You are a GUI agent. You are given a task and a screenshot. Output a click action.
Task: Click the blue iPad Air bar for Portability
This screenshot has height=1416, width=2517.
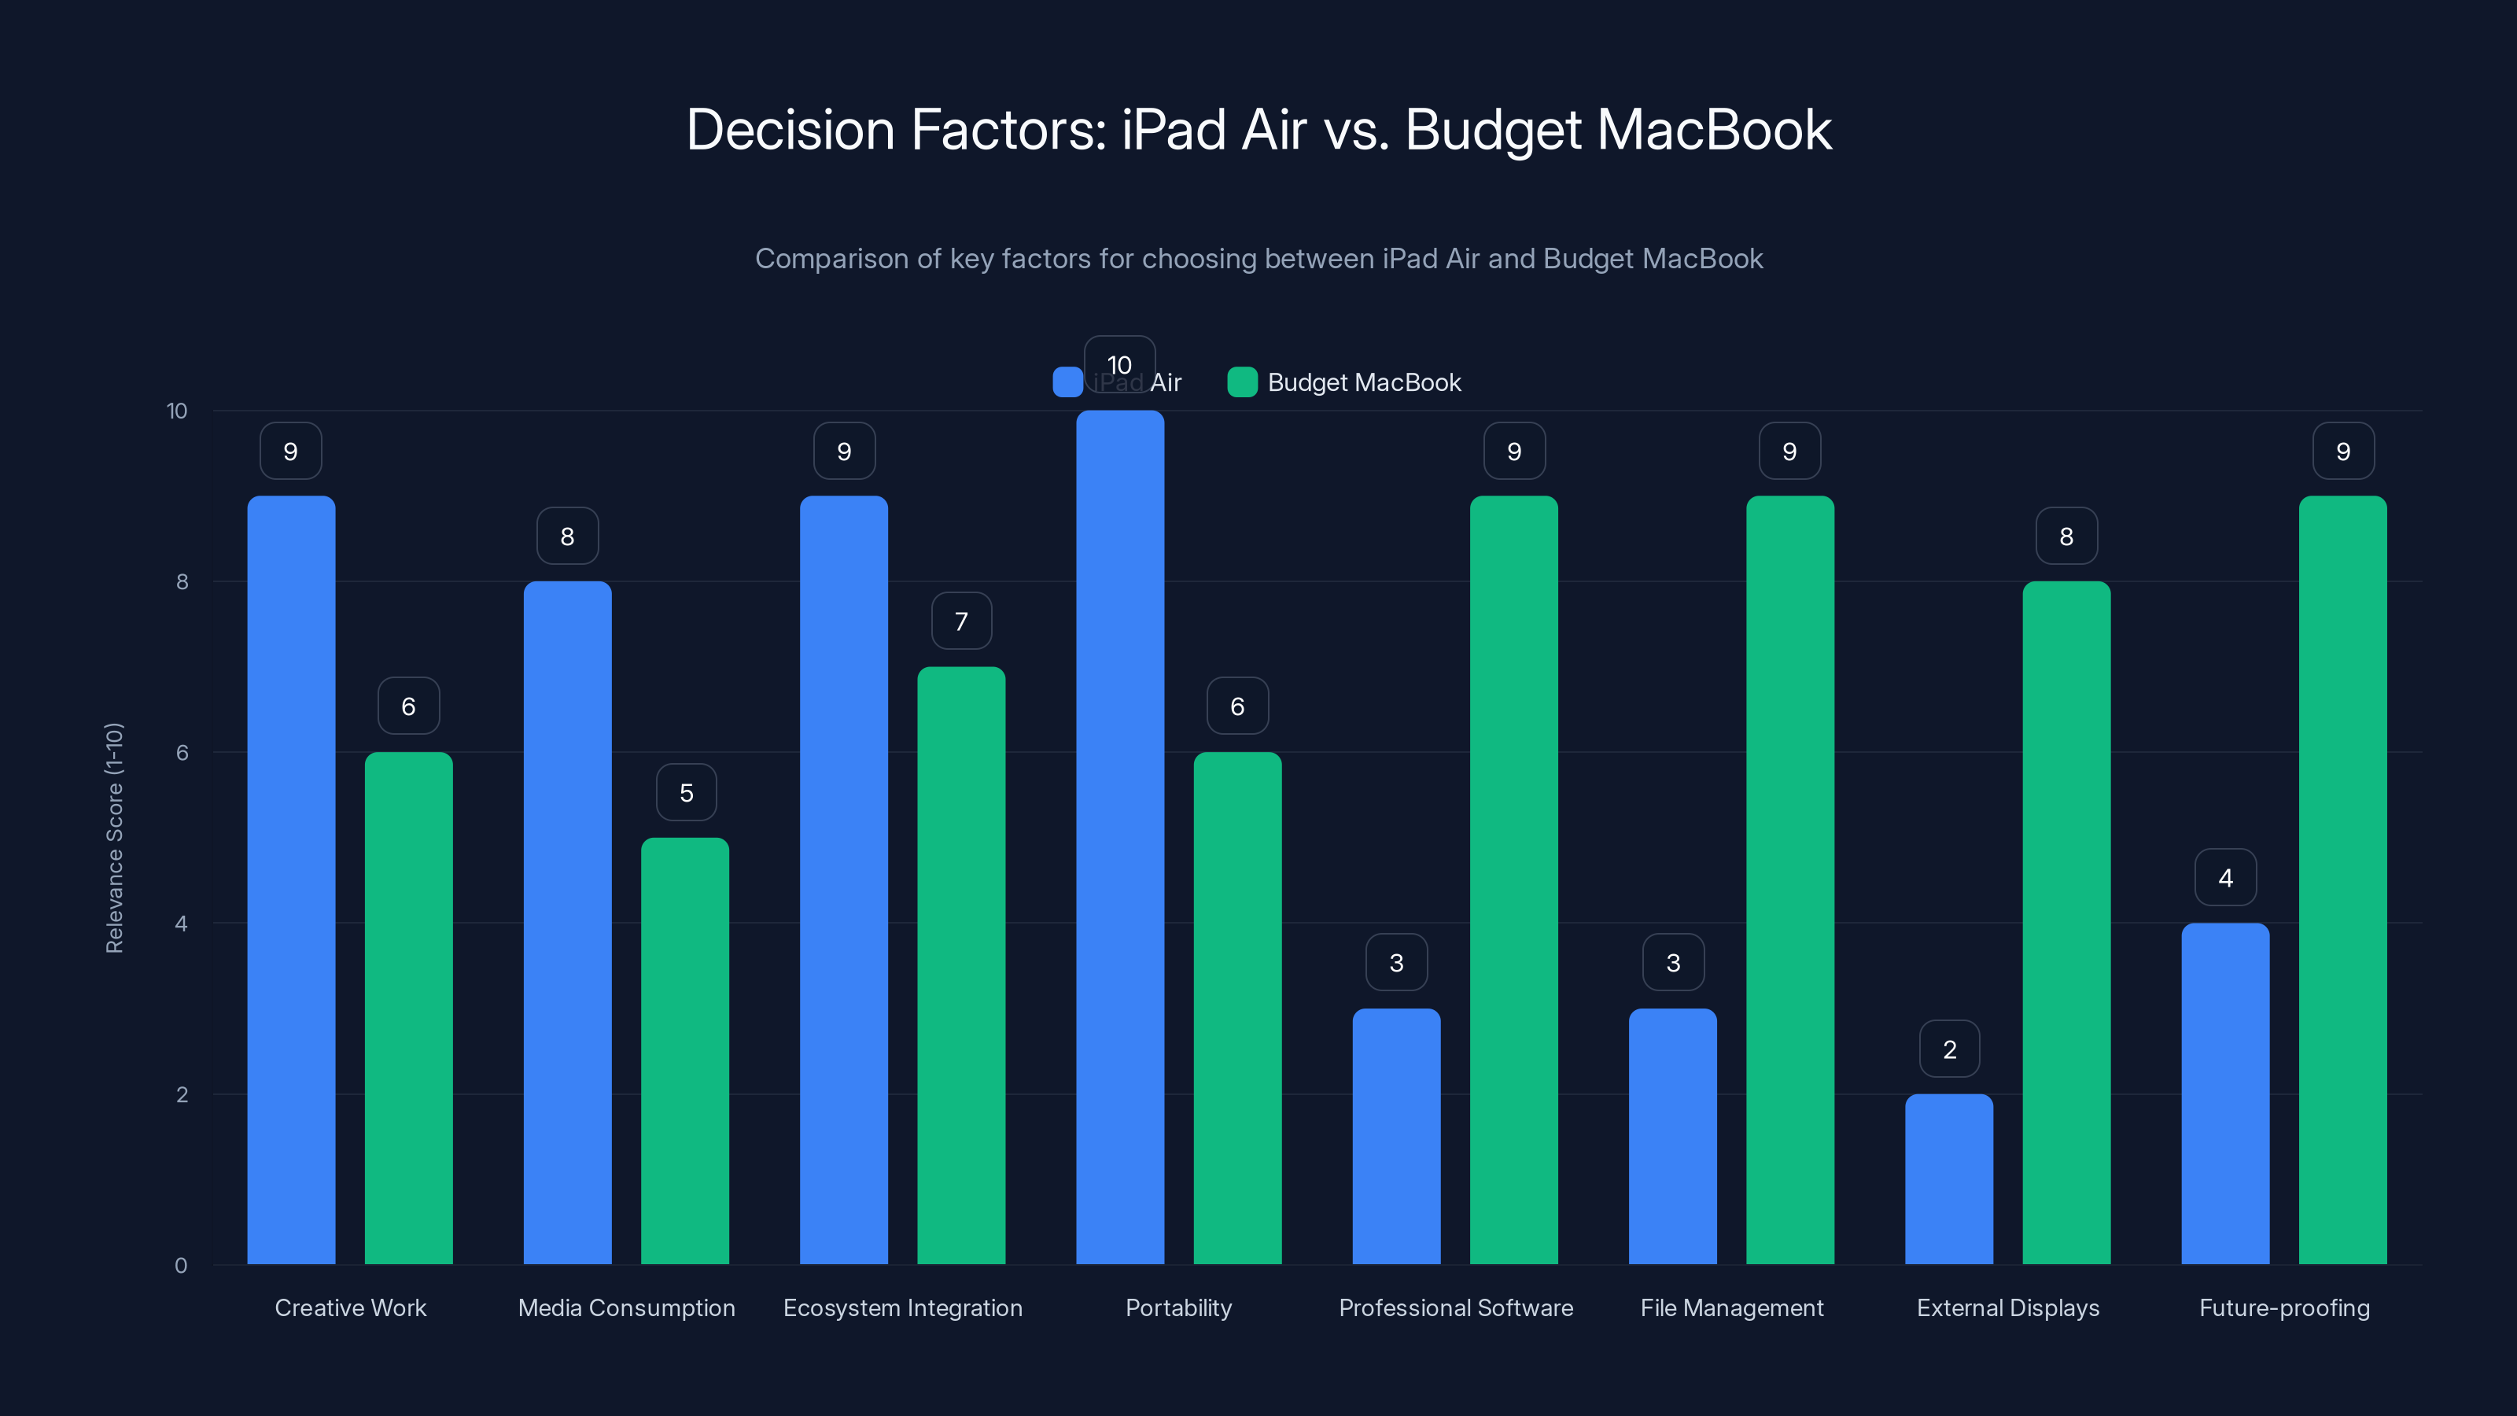[1120, 840]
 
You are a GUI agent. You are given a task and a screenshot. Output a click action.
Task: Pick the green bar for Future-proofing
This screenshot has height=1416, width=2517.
[2342, 880]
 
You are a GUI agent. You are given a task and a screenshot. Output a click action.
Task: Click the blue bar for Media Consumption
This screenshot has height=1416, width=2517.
[566, 923]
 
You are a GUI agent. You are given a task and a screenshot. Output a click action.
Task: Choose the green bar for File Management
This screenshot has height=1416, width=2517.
[1789, 880]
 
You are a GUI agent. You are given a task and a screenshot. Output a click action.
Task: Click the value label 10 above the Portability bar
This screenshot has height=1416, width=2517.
[1120, 364]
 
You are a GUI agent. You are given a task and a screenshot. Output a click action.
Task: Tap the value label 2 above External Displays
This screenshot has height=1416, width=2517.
[1949, 1049]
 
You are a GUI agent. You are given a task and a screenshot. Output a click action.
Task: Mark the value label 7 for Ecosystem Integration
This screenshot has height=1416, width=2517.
[960, 621]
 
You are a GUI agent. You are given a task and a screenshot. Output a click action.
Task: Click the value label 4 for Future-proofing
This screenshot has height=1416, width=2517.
[2225, 878]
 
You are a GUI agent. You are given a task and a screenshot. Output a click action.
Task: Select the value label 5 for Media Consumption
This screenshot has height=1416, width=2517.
[686, 791]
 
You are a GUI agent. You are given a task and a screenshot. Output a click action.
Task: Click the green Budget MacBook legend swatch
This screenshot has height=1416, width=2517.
[1241, 382]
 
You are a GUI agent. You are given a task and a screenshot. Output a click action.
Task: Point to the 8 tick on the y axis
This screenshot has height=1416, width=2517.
[182, 581]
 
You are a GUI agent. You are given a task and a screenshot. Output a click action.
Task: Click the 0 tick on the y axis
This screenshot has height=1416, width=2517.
[181, 1266]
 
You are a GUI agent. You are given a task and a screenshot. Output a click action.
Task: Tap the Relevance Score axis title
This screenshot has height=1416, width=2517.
[114, 838]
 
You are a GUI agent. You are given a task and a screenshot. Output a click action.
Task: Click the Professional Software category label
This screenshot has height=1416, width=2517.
[1455, 1307]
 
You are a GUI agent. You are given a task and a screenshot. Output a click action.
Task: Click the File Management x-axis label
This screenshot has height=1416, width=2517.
[1731, 1307]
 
